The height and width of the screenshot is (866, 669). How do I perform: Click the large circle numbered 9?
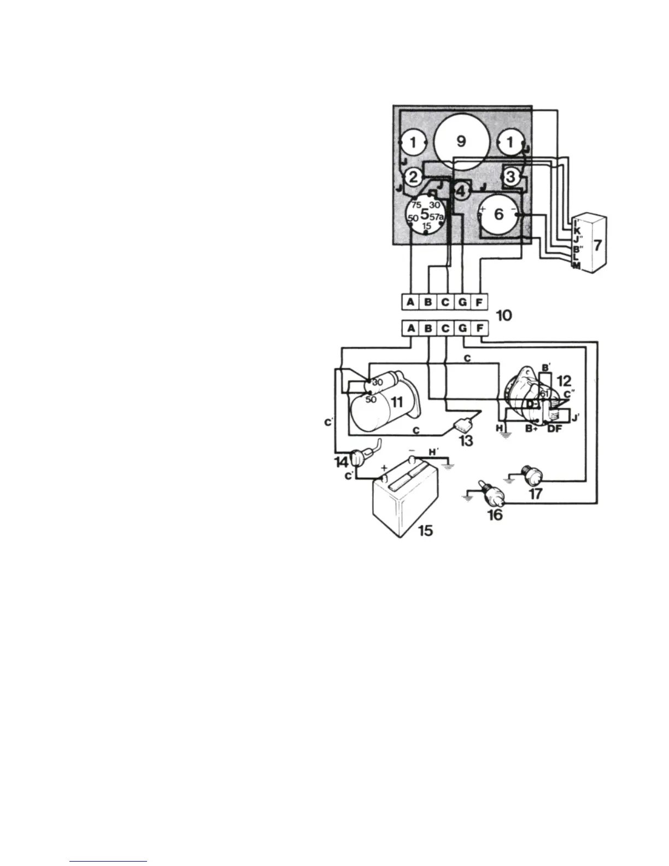tap(461, 141)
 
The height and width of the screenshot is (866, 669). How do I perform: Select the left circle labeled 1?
tap(413, 143)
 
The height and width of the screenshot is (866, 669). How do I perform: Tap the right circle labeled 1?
tap(510, 143)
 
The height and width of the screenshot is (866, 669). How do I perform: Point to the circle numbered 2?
tap(414, 177)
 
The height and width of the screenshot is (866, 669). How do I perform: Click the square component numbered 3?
tap(511, 177)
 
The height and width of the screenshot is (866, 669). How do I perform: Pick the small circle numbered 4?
tap(461, 191)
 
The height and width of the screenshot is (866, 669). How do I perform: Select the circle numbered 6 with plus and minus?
tap(498, 214)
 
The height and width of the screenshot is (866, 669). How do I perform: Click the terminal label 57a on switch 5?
tap(437, 217)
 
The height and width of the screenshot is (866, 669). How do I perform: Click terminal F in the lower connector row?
tap(479, 328)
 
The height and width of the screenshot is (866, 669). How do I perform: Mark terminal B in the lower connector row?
tap(428, 328)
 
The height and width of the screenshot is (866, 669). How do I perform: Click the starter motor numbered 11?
tap(383, 405)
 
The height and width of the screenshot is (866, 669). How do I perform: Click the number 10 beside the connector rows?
tap(503, 315)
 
